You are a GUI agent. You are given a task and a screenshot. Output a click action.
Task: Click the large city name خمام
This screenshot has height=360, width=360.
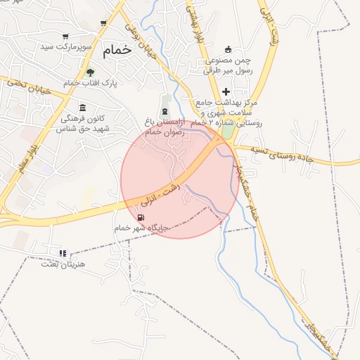tap(117, 50)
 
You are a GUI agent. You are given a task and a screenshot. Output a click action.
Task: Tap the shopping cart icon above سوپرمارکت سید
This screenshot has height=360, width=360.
tap(65, 36)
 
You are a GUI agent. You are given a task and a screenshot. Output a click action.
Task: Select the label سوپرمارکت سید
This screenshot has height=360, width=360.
tap(67, 47)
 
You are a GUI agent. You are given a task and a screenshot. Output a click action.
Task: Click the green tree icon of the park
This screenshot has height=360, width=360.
tap(89, 72)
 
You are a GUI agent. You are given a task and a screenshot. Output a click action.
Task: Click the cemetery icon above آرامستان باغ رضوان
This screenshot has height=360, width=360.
tap(165, 112)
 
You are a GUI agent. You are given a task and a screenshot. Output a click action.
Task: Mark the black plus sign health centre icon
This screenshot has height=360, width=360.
tap(226, 92)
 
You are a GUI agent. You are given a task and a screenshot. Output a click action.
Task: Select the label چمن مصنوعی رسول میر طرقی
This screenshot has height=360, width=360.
tap(228, 65)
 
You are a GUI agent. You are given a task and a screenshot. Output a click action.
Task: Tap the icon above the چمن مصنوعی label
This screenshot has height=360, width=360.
tap(228, 49)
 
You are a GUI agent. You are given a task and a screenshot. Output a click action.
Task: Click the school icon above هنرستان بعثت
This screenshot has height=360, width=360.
tap(63, 253)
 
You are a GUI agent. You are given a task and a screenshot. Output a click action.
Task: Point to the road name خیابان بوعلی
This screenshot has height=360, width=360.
tap(141, 31)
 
